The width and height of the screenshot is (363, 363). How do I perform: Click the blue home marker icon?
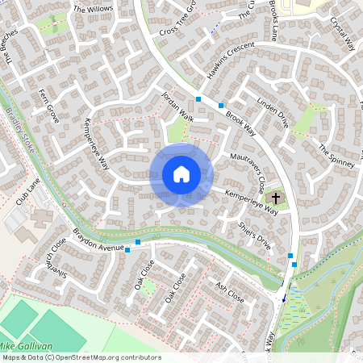181,173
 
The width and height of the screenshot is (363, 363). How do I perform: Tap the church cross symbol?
275,197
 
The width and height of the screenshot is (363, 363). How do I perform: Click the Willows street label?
94,9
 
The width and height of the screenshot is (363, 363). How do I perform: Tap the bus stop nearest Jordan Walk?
198,99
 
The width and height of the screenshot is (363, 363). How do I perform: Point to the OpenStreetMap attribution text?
81,357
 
